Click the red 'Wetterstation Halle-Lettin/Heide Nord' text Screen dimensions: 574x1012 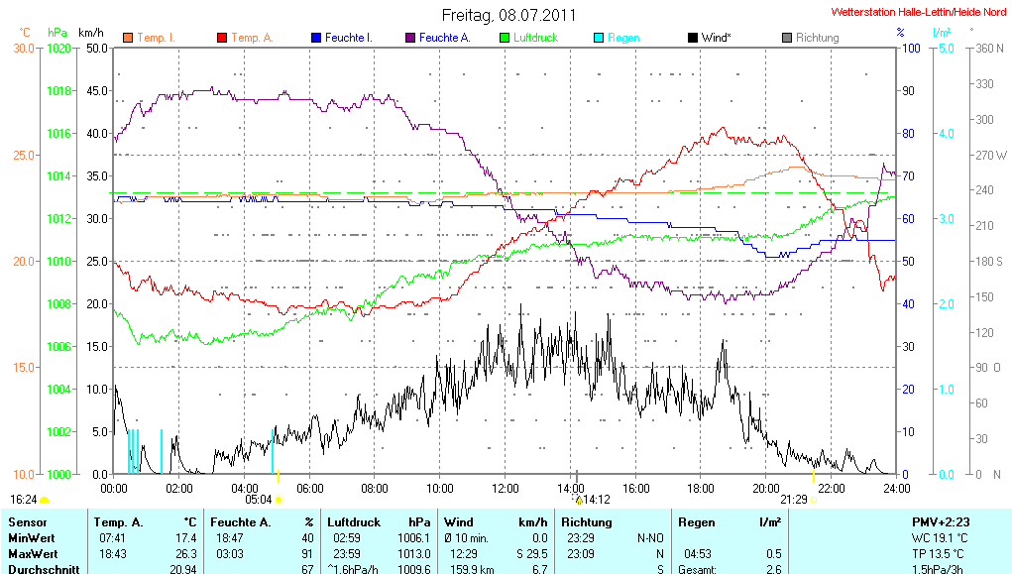coord(919,13)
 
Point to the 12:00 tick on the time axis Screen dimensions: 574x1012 coord(506,488)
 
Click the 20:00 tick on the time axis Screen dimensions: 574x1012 coord(766,488)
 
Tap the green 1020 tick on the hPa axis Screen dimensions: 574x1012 coord(60,48)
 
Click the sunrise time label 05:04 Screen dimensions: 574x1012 coord(258,500)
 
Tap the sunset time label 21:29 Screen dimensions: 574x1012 coord(794,500)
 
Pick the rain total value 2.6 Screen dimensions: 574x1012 coord(772,569)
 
